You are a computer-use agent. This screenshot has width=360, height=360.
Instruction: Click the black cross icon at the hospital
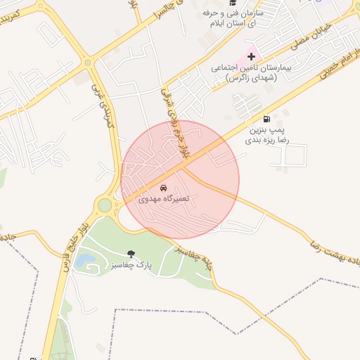tap(251, 56)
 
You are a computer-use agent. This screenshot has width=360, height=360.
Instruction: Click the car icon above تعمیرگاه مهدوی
tap(164, 188)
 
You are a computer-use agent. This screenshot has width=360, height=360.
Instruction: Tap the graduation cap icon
tap(233, 3)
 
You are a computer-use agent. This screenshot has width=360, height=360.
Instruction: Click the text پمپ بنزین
tap(268, 130)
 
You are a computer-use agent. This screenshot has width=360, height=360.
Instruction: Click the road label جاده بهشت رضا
tap(335, 252)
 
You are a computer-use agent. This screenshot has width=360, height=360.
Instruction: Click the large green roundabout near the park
tap(105, 206)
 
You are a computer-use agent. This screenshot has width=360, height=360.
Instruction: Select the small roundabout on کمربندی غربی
tap(88, 63)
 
